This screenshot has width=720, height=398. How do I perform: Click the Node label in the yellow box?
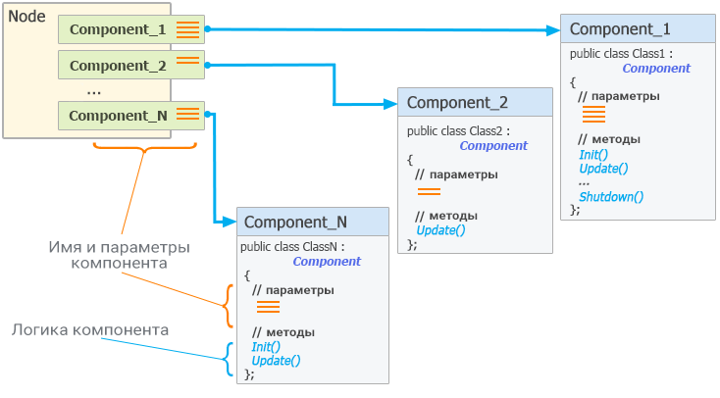pyautogui.click(x=26, y=17)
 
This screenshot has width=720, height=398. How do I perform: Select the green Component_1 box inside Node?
pyautogui.click(x=131, y=29)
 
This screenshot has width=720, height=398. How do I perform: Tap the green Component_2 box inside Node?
pyautogui.click(x=131, y=65)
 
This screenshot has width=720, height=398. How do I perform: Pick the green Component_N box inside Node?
pyautogui.click(x=131, y=116)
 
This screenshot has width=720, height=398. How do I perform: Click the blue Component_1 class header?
pyautogui.click(x=638, y=29)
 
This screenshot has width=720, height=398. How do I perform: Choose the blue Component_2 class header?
pyautogui.click(x=475, y=102)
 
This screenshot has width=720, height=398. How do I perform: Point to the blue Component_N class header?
pyautogui.click(x=313, y=223)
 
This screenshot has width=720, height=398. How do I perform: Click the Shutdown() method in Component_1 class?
pyautogui.click(x=611, y=197)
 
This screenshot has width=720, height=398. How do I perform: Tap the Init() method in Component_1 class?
pyautogui.click(x=593, y=155)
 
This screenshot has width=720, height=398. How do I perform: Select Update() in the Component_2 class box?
pyautogui.click(x=440, y=230)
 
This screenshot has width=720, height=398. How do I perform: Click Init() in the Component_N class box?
pyautogui.click(x=266, y=347)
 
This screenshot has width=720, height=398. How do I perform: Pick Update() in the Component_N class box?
pyautogui.click(x=276, y=361)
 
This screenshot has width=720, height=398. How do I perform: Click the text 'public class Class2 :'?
pyautogui.click(x=458, y=131)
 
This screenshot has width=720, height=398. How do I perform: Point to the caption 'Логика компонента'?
pyautogui.click(x=90, y=329)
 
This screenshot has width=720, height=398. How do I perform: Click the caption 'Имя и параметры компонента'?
pyautogui.click(x=119, y=255)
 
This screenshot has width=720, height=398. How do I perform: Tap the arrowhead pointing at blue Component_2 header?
pyautogui.click(x=390, y=104)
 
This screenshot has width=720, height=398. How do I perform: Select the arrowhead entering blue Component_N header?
pyautogui.click(x=230, y=223)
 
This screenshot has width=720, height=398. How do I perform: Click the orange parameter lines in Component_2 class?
pyautogui.click(x=429, y=191)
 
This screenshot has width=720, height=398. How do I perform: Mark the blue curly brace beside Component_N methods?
pyautogui.click(x=228, y=359)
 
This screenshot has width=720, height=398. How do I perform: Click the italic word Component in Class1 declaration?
pyautogui.click(x=656, y=69)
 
